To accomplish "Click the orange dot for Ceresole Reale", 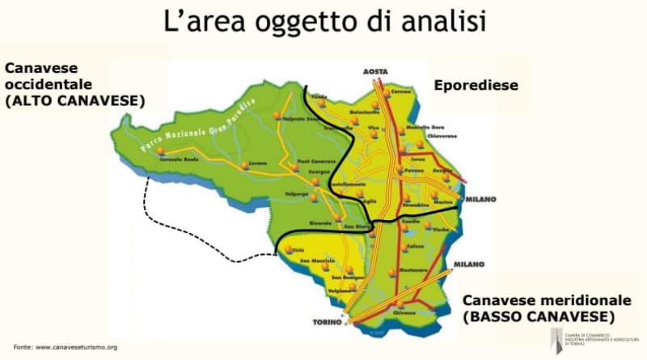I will click(162, 150).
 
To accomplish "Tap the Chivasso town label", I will click(404, 311).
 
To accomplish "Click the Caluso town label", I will click(417, 247).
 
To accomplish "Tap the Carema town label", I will click(402, 92).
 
